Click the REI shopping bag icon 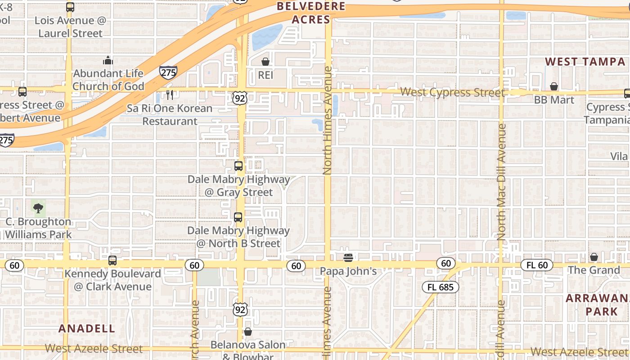(x=265, y=61)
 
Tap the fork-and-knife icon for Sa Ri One (x=170, y=94)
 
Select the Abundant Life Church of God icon (x=108, y=60)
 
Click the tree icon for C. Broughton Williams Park (x=38, y=208)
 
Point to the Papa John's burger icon (x=348, y=257)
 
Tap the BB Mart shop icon (x=554, y=86)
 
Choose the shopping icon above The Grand (x=594, y=257)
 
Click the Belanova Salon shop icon (x=247, y=332)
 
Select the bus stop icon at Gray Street (x=238, y=166)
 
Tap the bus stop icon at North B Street (x=238, y=217)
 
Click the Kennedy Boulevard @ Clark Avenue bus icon (x=112, y=261)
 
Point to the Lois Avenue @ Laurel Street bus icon (x=70, y=7)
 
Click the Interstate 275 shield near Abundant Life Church (x=168, y=72)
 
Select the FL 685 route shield (x=440, y=287)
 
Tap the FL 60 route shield (x=537, y=265)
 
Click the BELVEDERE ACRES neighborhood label (x=311, y=13)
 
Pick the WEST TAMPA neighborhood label (x=585, y=62)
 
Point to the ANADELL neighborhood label (x=87, y=328)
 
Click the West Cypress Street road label (x=452, y=92)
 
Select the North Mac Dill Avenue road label (x=502, y=182)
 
